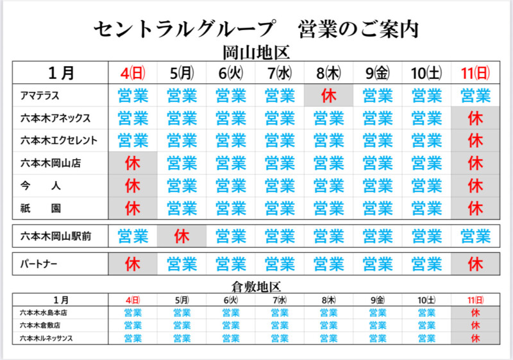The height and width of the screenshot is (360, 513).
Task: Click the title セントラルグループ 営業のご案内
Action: click(x=256, y=30)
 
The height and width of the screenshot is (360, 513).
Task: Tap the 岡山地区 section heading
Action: click(x=256, y=53)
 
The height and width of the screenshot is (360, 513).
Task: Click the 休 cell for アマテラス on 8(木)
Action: click(x=329, y=96)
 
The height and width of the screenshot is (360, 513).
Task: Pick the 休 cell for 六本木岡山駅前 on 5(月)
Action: click(x=181, y=236)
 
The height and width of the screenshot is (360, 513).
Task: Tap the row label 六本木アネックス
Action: click(x=55, y=118)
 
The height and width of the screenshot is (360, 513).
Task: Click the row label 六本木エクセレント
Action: click(x=58, y=141)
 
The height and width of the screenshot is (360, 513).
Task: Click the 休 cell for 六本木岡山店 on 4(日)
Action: click(x=133, y=163)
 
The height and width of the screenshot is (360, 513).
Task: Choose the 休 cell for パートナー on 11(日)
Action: click(x=475, y=264)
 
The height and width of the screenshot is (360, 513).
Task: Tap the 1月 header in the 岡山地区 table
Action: click(x=61, y=72)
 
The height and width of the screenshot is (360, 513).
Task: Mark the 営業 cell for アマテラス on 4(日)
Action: click(x=133, y=96)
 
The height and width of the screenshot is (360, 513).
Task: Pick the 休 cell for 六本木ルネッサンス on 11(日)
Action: click(x=475, y=338)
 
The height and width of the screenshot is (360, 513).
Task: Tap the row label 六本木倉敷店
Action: click(x=40, y=325)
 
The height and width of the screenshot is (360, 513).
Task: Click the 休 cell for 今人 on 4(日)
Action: click(x=133, y=185)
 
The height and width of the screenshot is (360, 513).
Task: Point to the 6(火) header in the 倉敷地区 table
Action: click(x=231, y=300)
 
